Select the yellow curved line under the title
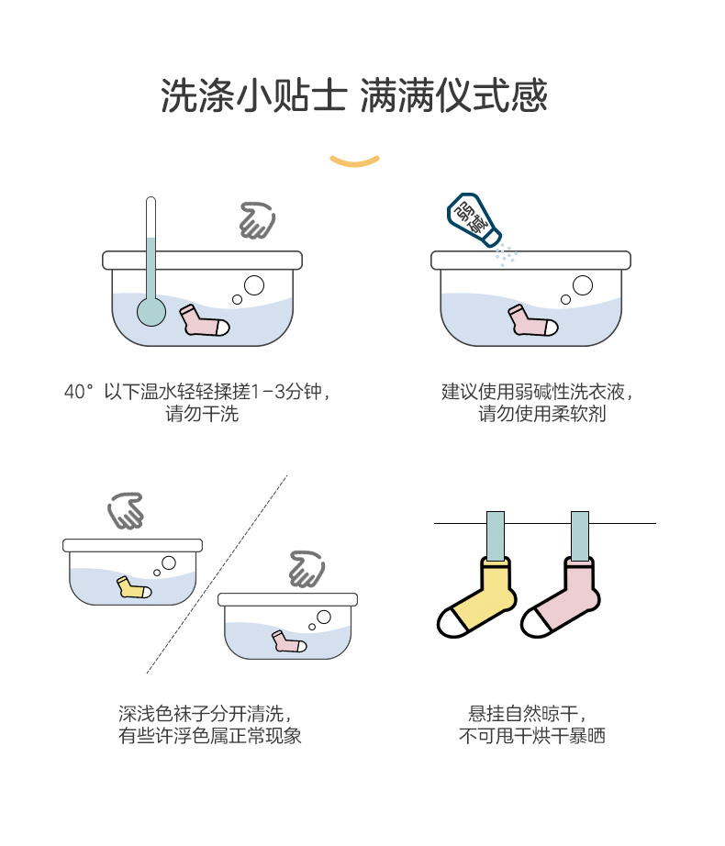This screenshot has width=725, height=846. click(x=354, y=162)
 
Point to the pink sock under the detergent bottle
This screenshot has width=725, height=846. click(x=531, y=321)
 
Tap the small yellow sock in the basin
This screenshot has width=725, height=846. click(x=133, y=587)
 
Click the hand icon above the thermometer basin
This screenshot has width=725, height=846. click(x=256, y=220)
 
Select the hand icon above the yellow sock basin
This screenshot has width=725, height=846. click(x=126, y=511)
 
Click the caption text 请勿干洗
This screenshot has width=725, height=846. click(x=202, y=414)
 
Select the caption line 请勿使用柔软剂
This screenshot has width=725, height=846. click(x=541, y=414)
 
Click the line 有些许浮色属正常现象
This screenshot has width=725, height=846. click(x=210, y=735)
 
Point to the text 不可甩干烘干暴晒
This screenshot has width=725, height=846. click(x=532, y=735)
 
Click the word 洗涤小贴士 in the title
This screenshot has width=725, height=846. click(x=253, y=95)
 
